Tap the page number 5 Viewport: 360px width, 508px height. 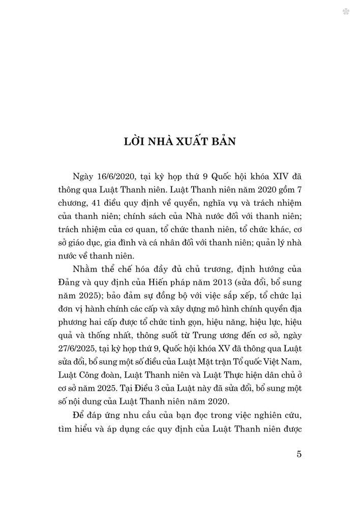(299, 454)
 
